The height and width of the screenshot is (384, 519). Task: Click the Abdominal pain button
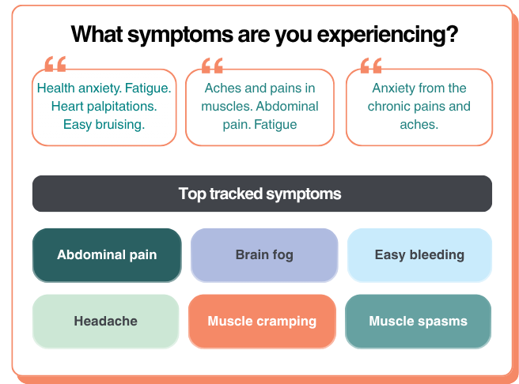tap(107, 255)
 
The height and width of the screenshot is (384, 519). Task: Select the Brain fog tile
tap(264, 255)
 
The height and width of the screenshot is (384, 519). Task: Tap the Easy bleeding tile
tap(419, 255)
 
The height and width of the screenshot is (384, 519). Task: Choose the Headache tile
tap(106, 322)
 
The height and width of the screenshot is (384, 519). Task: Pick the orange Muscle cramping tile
tap(262, 322)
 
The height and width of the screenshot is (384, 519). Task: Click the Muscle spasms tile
tap(418, 322)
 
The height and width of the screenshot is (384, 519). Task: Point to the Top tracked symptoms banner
tap(262, 194)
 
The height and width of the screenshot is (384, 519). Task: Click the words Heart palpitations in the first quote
tap(104, 106)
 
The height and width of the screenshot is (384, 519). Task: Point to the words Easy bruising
tap(104, 124)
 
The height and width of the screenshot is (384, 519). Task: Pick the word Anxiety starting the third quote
tap(395, 88)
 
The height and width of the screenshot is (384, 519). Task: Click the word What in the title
tap(95, 35)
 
